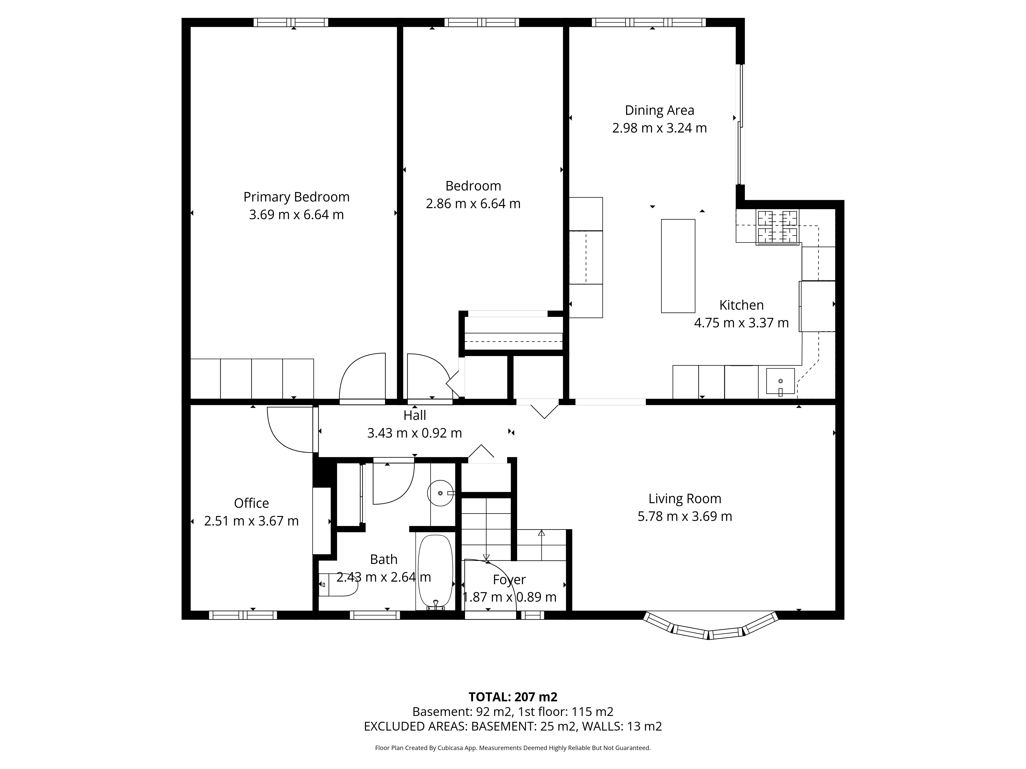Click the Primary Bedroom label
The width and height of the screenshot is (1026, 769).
click(x=297, y=197)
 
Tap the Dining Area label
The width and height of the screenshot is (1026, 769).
click(x=659, y=110)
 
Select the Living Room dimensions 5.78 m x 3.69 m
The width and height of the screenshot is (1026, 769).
click(x=685, y=516)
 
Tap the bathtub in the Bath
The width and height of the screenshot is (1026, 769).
click(x=435, y=572)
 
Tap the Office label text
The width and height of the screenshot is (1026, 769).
click(x=251, y=503)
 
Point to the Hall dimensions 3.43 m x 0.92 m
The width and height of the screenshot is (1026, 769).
click(x=415, y=433)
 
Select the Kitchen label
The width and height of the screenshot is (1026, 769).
click(x=741, y=305)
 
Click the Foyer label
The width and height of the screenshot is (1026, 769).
click(x=509, y=580)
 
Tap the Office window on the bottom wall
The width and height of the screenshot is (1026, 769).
click(x=243, y=615)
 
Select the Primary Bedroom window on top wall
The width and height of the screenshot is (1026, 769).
click(x=291, y=22)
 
